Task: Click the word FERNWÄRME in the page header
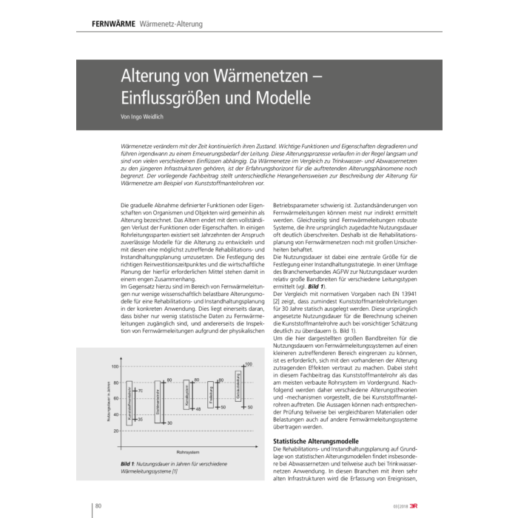coord(113,24)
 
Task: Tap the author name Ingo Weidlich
coord(148,116)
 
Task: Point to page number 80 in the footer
coord(98,505)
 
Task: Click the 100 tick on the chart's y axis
coord(115,367)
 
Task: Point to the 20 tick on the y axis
coord(116,431)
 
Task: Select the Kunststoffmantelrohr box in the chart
coord(129,403)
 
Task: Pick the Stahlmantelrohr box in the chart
coord(158,402)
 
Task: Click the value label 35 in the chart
coord(140,419)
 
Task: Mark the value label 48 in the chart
coord(198,408)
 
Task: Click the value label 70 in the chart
coord(141,390)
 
